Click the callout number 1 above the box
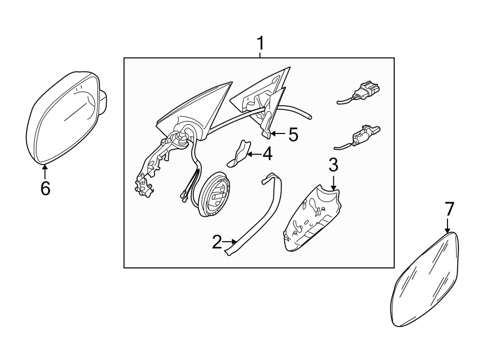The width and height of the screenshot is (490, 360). (260, 44)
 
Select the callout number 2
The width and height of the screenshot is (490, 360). (217, 242)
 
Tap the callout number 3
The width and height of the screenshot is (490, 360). (333, 165)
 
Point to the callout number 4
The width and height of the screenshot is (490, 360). (267, 154)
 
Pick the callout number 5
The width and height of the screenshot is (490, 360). (293, 135)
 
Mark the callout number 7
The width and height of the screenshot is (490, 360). (449, 209)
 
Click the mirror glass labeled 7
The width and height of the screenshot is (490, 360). (426, 279)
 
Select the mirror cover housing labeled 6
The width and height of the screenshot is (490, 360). (66, 117)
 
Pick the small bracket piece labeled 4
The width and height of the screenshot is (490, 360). (239, 154)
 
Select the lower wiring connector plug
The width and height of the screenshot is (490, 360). (357, 137)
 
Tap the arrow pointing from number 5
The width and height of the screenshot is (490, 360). (278, 134)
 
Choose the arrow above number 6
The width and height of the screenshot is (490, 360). (45, 171)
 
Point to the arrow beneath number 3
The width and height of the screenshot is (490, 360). (334, 183)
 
